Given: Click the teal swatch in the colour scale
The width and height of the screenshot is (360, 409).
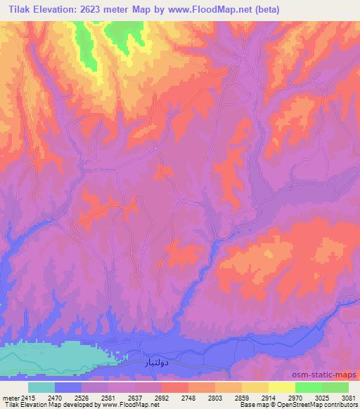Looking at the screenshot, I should [41, 387].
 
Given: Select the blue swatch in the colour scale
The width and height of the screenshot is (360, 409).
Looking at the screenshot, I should [68, 387].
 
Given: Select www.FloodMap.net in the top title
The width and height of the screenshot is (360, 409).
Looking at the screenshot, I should [211, 9].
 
